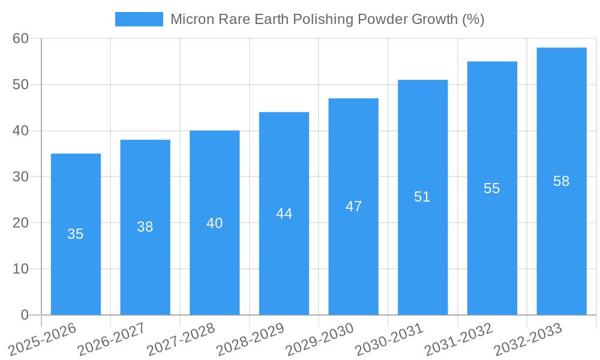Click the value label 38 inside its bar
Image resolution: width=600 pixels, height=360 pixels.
pos(145,227)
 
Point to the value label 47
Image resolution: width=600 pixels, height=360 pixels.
pos(353,206)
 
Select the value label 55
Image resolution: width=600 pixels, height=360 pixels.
pos(491,188)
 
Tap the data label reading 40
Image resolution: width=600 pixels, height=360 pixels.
pos(214,223)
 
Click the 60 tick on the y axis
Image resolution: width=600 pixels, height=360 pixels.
pos(20,38)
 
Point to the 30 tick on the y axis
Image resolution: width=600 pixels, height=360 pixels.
pos(20,176)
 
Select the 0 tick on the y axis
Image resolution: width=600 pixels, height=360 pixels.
pos(25,315)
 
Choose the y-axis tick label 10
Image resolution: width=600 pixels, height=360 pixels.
pos(20,269)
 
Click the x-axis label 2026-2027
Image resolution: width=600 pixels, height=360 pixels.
pos(112,340)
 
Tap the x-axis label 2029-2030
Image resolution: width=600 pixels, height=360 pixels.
pos(320,340)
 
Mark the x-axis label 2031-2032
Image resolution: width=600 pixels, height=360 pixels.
pos(459,340)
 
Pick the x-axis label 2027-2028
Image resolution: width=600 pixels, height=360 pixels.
pos(181,340)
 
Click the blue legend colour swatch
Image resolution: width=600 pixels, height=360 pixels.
pos(139,19)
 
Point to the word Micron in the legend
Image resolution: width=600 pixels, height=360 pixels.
pos(190,19)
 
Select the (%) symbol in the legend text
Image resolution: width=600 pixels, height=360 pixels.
pos(473,19)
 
